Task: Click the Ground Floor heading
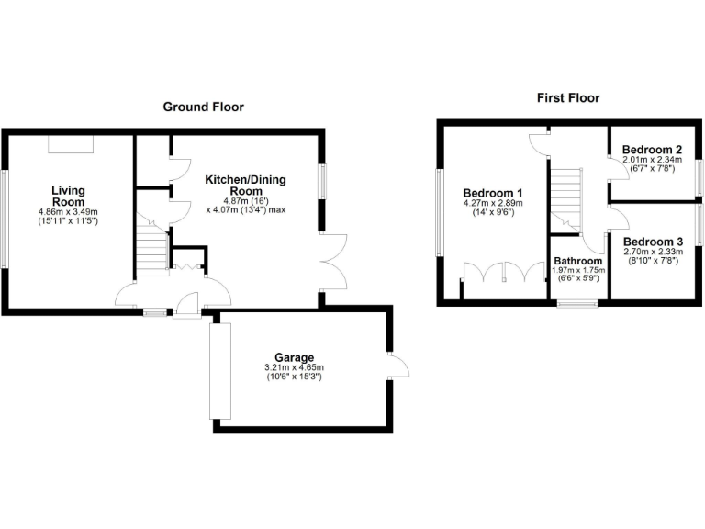203,107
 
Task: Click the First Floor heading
567,97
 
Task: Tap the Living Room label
68,197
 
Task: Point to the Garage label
295,357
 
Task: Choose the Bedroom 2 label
652,150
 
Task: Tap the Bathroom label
578,261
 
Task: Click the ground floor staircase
152,251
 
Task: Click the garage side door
397,367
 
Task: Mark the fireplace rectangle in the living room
71,144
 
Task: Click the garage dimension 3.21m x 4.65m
295,368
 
